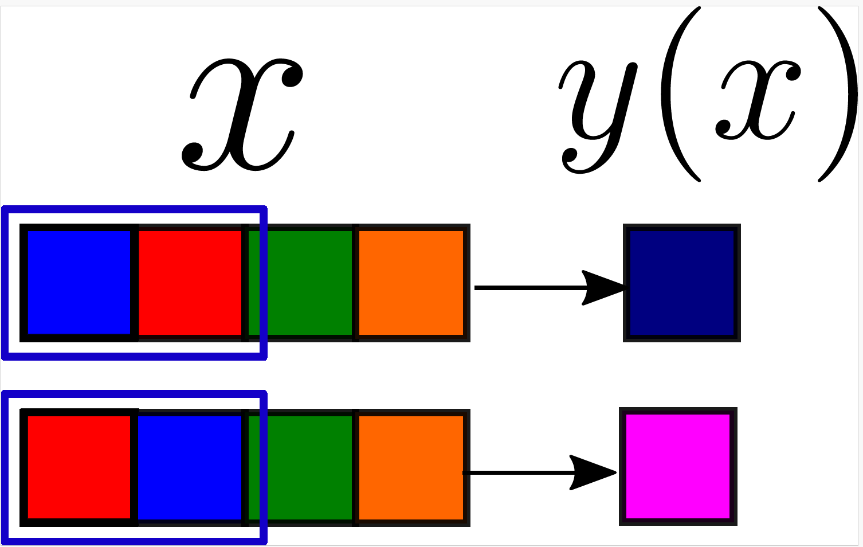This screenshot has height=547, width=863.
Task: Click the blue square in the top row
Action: point(79,282)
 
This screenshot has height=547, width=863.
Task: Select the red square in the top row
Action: point(190,282)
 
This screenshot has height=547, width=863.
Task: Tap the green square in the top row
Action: point(300,282)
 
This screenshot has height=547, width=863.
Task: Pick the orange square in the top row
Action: point(411,282)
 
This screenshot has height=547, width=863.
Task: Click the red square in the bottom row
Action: point(79,467)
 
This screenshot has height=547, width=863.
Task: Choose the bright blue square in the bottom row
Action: point(190,467)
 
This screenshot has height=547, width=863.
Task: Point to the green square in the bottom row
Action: point(300,467)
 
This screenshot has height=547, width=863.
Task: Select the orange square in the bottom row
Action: point(411,467)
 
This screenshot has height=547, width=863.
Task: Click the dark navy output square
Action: point(681,283)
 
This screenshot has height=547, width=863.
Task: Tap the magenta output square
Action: point(678,466)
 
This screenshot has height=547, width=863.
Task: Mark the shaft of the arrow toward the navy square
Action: point(527,287)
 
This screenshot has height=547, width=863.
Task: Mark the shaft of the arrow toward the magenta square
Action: point(516,472)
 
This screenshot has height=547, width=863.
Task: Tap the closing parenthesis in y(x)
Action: point(840,95)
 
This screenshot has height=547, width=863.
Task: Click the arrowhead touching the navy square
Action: point(602,287)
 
